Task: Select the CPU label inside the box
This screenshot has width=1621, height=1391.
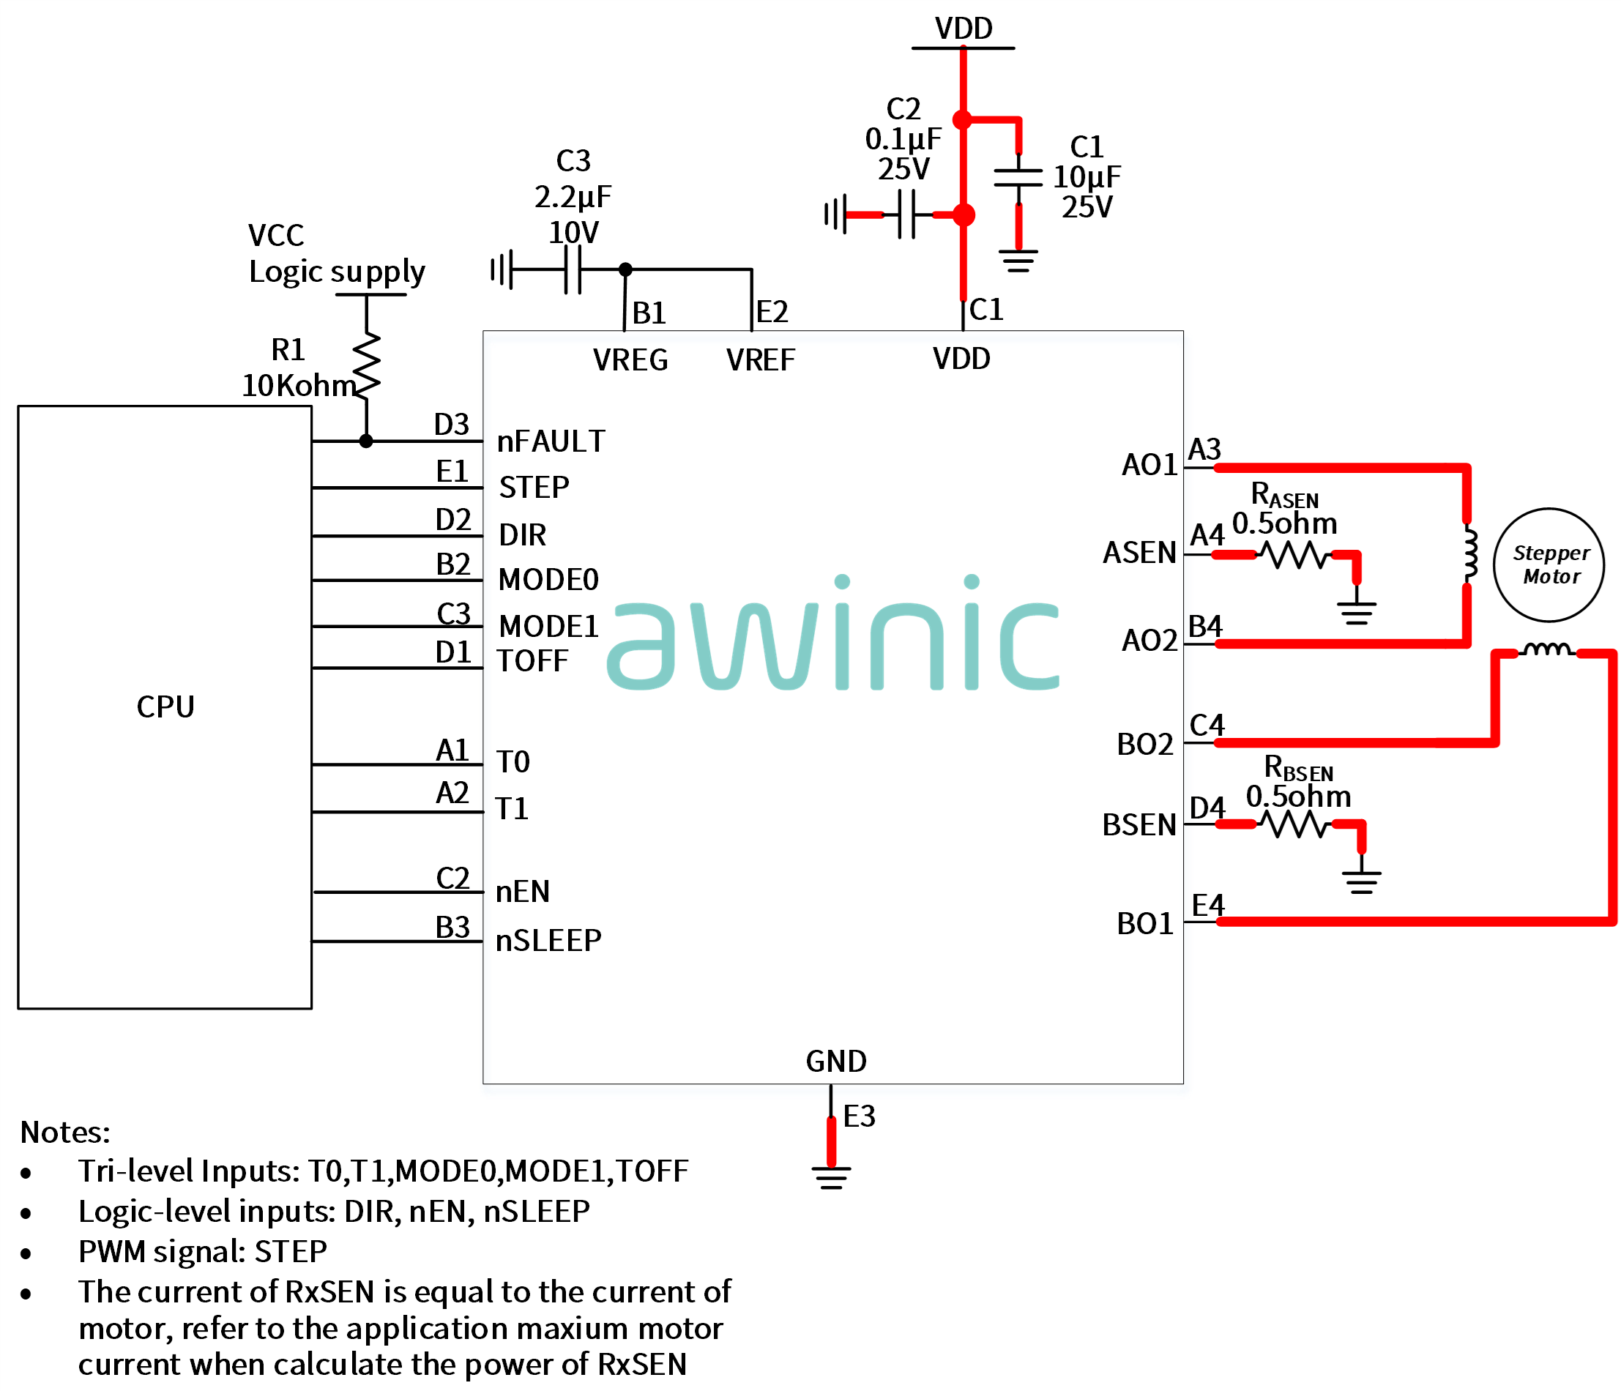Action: pyautogui.click(x=165, y=707)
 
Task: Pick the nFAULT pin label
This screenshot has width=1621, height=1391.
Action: pyautogui.click(x=551, y=442)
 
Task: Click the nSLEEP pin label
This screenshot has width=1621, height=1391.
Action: pyautogui.click(x=548, y=940)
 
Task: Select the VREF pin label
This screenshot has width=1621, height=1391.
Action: pyautogui.click(x=761, y=361)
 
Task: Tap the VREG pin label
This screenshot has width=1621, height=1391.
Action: pyautogui.click(x=630, y=361)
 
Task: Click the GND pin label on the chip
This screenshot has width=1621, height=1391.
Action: pyautogui.click(x=836, y=1062)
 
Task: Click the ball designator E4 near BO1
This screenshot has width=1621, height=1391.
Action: pyautogui.click(x=1208, y=906)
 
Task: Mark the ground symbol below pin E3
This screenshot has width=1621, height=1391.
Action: pyautogui.click(x=832, y=1178)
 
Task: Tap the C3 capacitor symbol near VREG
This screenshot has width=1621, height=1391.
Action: pyautogui.click(x=573, y=270)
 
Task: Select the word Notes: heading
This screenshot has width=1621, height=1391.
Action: pyautogui.click(x=65, y=1133)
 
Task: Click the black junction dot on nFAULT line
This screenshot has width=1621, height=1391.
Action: pyautogui.click(x=366, y=442)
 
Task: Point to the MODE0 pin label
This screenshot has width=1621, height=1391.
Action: pyautogui.click(x=548, y=581)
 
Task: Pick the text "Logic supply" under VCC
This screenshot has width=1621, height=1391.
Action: pyautogui.click(x=338, y=272)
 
